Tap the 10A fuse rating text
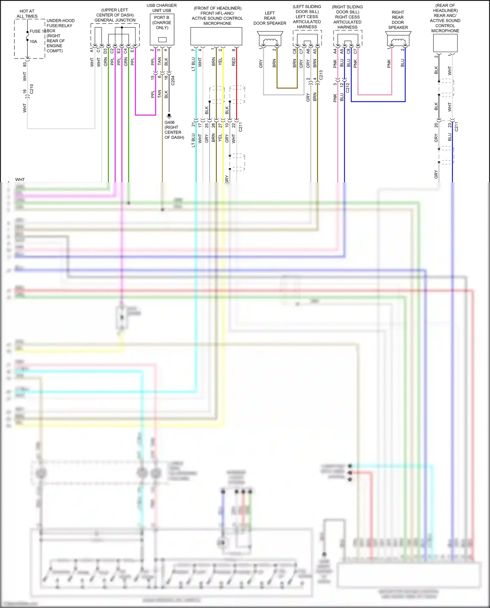tap(34, 41)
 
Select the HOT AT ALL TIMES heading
tap(27, 14)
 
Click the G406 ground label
tap(170, 123)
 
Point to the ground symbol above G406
tap(169, 116)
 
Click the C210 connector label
tap(32, 89)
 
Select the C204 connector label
tap(173, 81)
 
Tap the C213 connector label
tap(321, 75)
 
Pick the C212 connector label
tap(348, 88)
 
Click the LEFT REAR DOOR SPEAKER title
tap(270, 18)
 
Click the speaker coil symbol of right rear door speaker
tap(398, 41)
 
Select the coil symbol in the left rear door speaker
tap(270, 41)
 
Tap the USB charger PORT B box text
tap(162, 23)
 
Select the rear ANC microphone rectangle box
tap(445, 43)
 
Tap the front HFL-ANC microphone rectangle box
tap(216, 36)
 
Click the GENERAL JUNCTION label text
tap(115, 20)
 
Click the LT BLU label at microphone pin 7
tap(193, 64)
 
